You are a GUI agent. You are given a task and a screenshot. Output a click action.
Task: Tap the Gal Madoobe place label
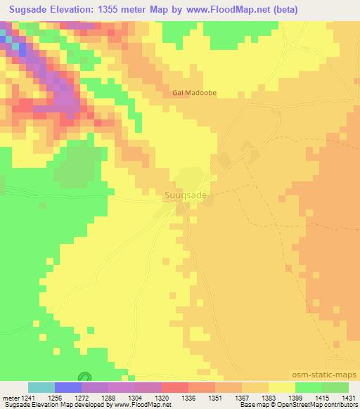point(193,91)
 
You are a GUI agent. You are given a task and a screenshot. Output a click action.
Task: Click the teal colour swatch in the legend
point(41,387)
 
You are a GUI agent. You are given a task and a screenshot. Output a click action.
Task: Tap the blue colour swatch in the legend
point(68,387)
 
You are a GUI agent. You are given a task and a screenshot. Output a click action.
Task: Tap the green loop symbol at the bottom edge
point(84,377)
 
